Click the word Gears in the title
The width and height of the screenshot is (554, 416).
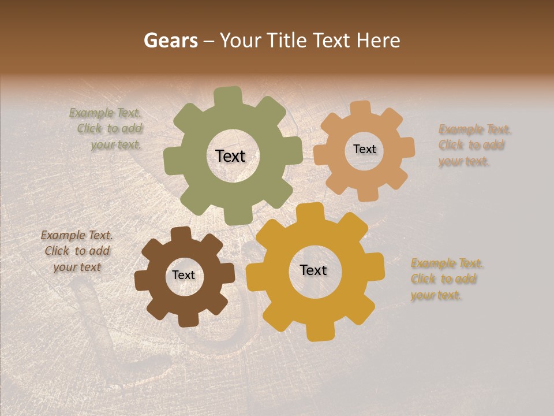(170, 40)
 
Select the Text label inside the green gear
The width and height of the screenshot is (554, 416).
(230, 156)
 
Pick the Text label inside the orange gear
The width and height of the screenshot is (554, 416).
(364, 149)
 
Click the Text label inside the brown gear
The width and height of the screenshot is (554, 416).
(184, 275)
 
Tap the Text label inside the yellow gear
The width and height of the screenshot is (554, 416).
(313, 270)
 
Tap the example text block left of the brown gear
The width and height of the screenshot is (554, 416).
(77, 251)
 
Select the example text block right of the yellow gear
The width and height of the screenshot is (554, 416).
(446, 279)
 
